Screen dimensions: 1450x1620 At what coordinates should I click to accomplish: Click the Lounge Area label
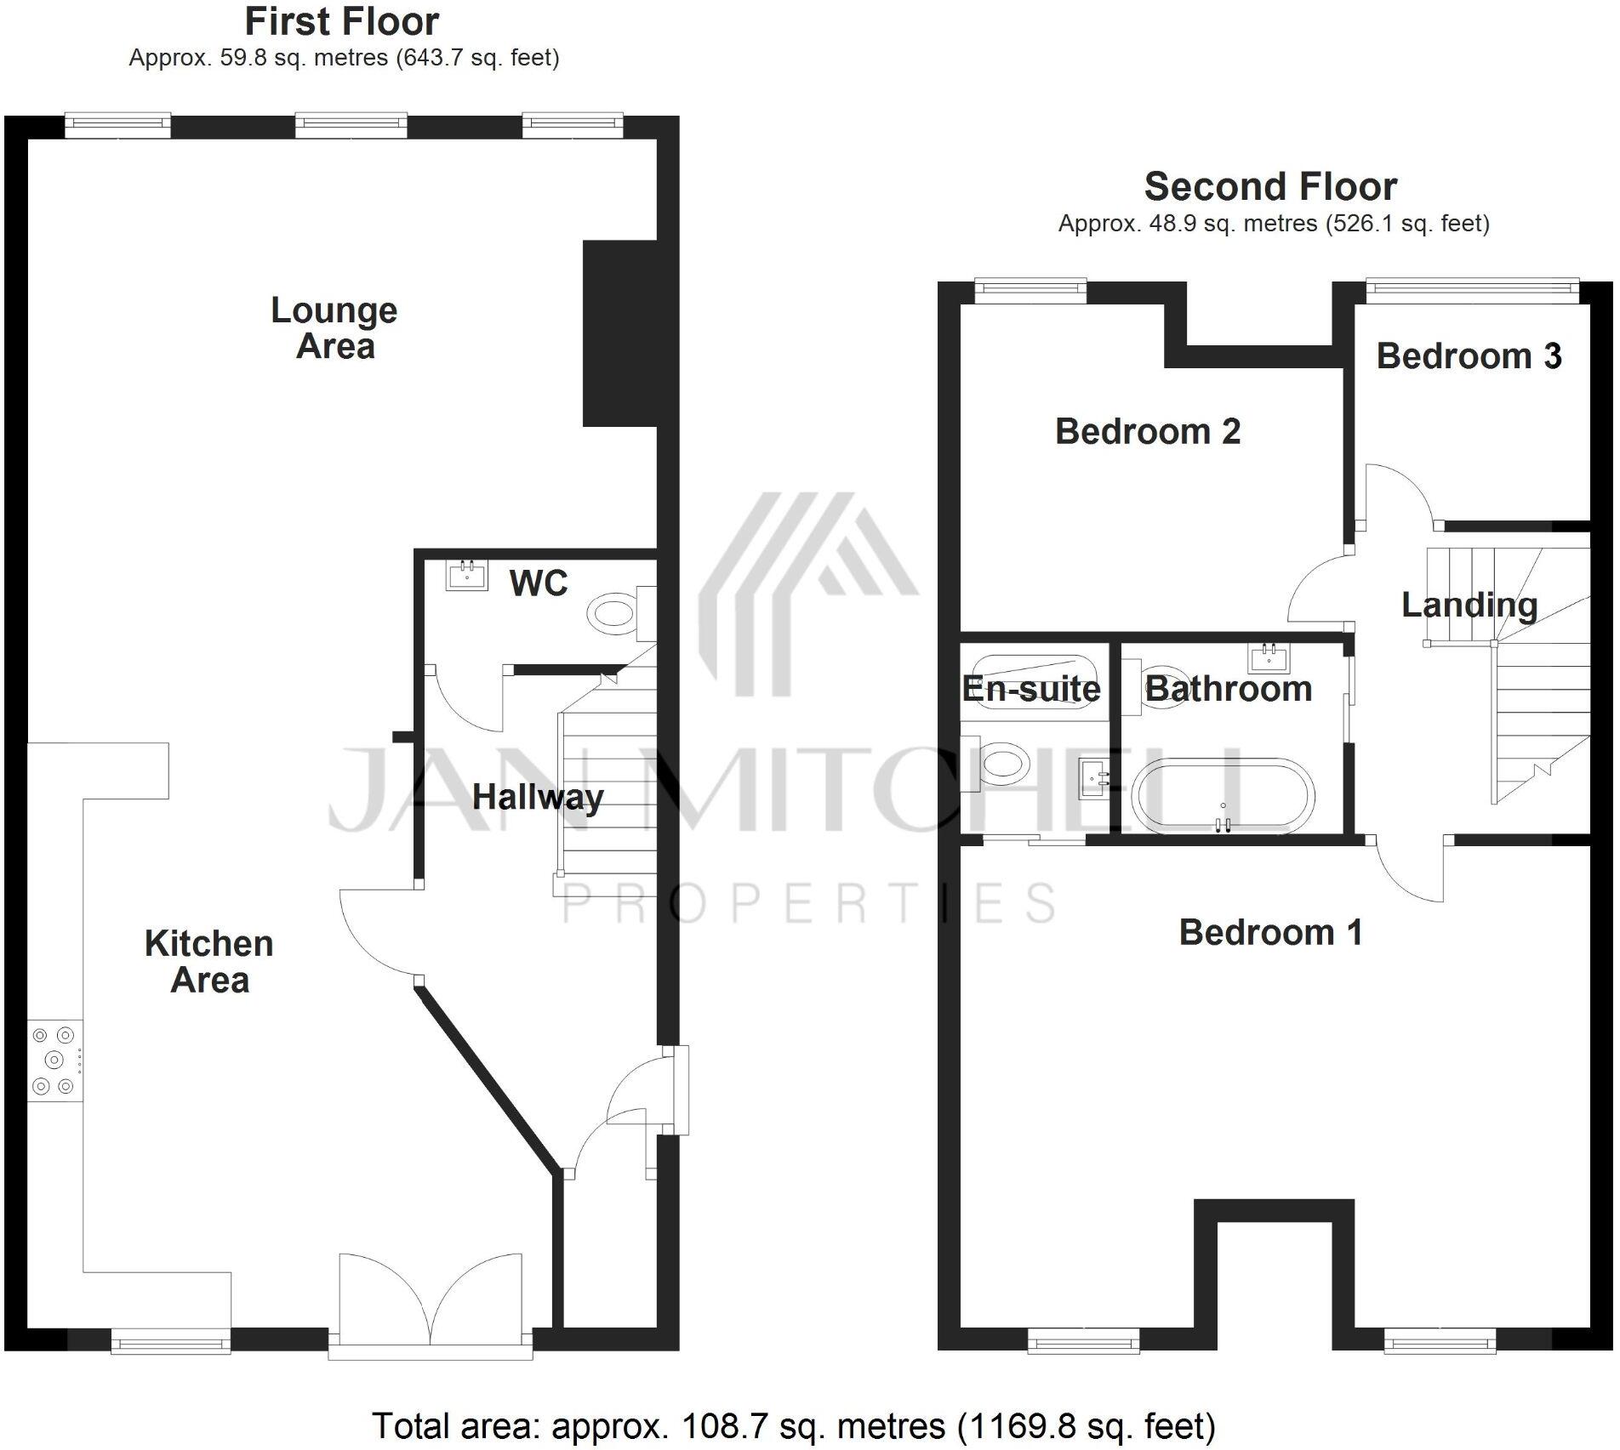pos(334,328)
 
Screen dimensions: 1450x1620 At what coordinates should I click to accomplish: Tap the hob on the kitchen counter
pos(54,1060)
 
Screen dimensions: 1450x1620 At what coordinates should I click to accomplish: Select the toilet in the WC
pos(613,613)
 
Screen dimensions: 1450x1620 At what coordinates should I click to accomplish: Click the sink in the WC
pos(467,575)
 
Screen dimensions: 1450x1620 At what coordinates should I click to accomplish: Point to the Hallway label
pos(538,798)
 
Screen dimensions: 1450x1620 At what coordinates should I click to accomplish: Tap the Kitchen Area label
pos(209,962)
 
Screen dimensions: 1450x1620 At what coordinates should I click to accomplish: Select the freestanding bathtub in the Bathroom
pos(1223,795)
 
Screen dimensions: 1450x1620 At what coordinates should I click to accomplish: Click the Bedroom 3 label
pos(1469,356)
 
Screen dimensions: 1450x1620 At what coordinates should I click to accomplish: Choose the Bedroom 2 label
pos(1147,432)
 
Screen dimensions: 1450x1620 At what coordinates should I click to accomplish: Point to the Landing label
pos(1469,606)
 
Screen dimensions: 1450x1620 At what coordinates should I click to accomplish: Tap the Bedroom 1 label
pos(1270,933)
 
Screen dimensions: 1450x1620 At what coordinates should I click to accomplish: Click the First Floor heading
pos(341,22)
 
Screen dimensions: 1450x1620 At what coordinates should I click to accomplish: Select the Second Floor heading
pos(1270,187)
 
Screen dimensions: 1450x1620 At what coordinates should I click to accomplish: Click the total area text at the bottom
pos(793,1426)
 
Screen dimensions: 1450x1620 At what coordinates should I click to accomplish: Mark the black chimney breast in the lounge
pos(619,333)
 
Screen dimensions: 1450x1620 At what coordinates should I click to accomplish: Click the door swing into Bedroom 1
pos(1408,872)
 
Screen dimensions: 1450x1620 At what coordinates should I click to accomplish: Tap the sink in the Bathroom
pos(1269,657)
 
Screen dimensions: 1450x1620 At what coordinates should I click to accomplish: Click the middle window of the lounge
pos(351,126)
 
